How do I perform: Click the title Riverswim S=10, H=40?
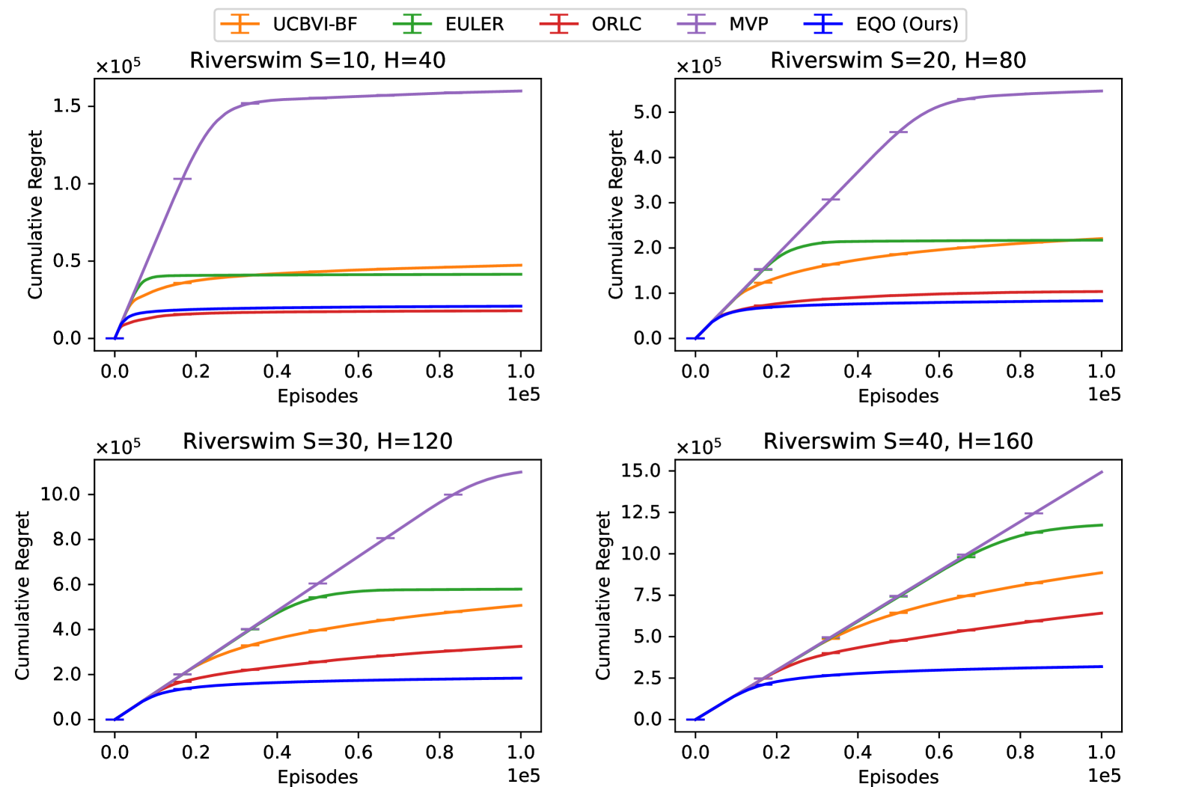point(317,61)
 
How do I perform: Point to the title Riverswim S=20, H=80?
point(898,61)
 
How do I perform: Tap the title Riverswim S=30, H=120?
point(317,441)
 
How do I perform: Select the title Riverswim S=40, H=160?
point(898,441)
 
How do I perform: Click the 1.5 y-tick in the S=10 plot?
point(67,106)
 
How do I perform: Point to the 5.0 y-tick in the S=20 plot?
point(648,112)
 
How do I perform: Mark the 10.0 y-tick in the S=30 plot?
point(61,494)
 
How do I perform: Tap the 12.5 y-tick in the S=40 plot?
point(641,512)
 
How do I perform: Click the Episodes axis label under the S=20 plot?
point(898,396)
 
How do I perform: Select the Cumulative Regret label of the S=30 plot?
point(22,595)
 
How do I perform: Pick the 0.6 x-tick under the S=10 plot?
point(358,371)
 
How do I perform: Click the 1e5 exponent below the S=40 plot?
point(1104,775)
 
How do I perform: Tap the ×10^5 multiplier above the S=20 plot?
point(698,67)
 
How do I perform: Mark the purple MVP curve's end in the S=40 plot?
point(1102,472)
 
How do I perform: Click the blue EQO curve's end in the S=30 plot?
point(521,678)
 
